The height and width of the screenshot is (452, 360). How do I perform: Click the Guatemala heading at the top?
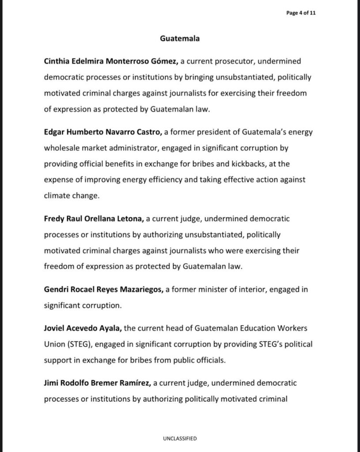tap(180, 39)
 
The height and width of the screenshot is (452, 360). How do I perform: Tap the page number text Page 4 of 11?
tap(301, 13)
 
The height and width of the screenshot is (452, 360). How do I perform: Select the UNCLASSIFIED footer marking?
tap(180, 438)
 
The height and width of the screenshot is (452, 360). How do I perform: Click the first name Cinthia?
tap(57, 62)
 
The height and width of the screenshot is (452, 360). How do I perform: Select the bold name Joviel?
tap(54, 329)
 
